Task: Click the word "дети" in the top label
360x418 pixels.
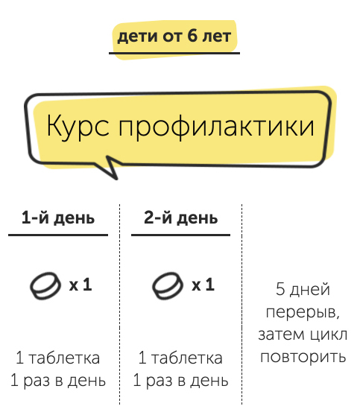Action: pos(138,37)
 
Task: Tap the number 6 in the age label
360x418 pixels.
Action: pos(192,36)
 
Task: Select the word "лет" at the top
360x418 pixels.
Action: pos(217,37)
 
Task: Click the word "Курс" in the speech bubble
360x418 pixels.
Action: pos(78,126)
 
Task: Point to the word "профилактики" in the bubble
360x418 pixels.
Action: pos(217,127)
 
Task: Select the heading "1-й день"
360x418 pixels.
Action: pos(58,218)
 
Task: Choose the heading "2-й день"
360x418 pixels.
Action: pos(181,218)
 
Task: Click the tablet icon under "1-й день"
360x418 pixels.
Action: pos(45,286)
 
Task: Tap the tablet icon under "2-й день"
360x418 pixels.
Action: pos(168,286)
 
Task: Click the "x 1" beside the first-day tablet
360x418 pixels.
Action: pos(80,285)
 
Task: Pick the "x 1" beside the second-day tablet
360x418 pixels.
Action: pos(203,285)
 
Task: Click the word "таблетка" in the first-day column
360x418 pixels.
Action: pos(64,358)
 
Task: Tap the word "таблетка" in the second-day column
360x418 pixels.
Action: pos(187,358)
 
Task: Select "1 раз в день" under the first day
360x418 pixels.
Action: pos(58,381)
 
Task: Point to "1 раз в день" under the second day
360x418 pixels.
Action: pos(181,381)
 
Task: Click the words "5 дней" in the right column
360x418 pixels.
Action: pos(303,290)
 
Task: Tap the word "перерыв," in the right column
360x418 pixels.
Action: pos(303,313)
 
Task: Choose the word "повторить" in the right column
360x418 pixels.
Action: pos(303,358)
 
